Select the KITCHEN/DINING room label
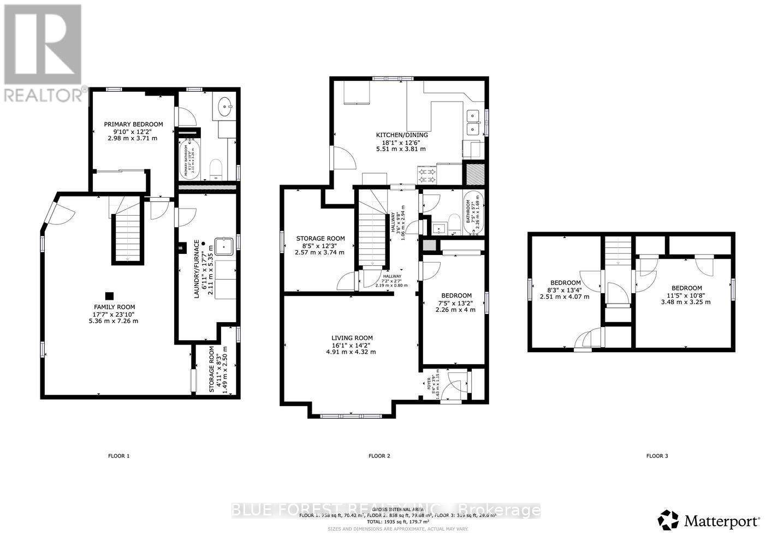(x=401, y=135)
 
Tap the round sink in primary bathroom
(x=224, y=106)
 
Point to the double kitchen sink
(x=473, y=123)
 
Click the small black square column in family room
(x=110, y=295)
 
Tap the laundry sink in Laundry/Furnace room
(x=224, y=247)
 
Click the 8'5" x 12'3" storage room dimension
(x=320, y=246)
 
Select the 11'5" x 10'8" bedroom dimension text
(x=686, y=295)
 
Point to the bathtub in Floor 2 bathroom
(x=474, y=212)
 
